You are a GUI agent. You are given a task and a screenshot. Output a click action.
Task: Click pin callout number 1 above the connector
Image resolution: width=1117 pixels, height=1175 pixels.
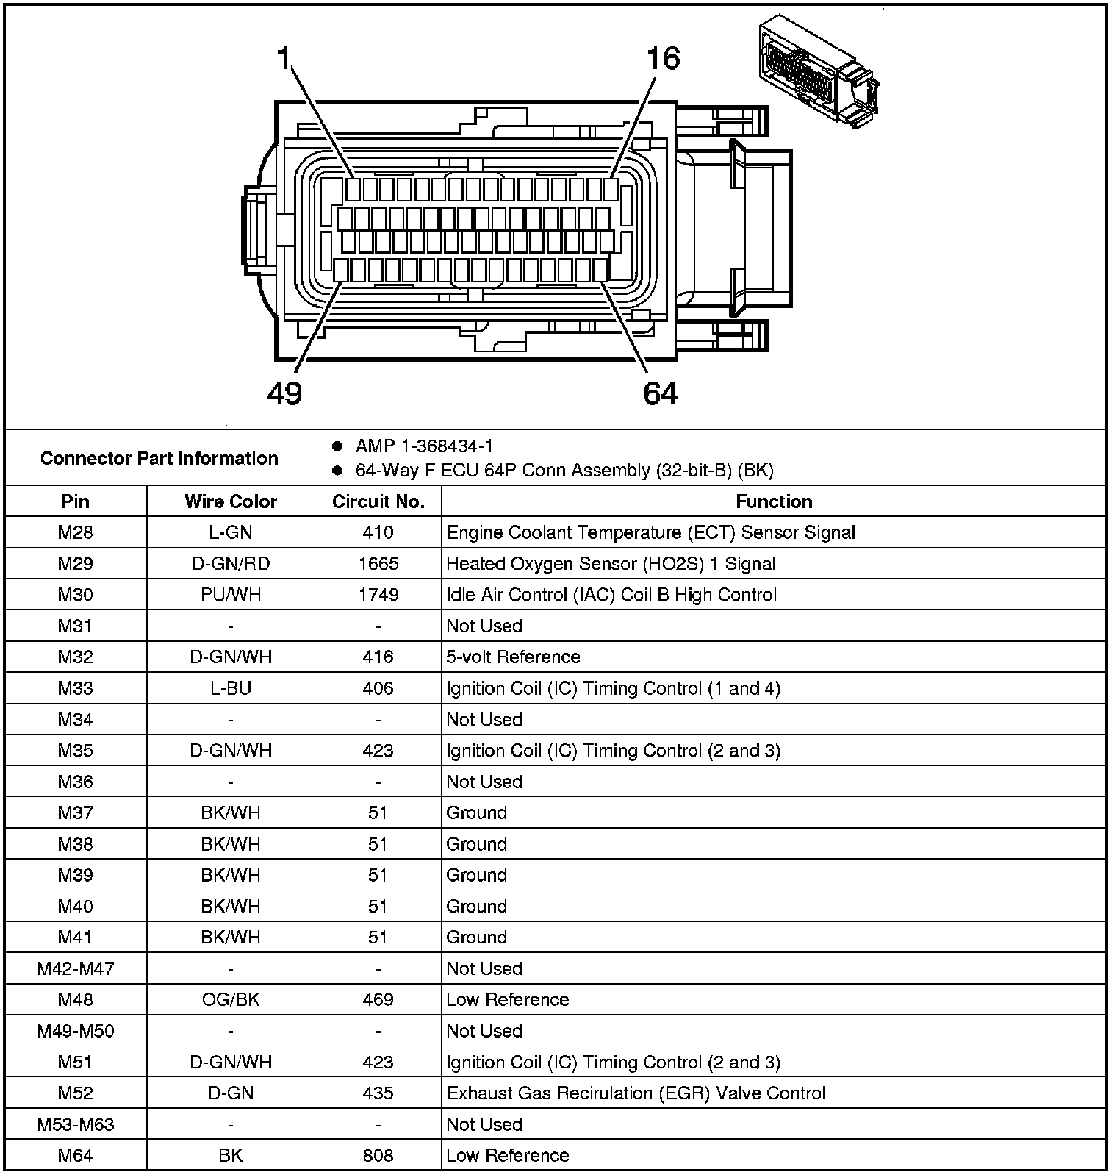pos(284,58)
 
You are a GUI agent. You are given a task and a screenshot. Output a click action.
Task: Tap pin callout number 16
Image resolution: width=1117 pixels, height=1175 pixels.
pos(663,58)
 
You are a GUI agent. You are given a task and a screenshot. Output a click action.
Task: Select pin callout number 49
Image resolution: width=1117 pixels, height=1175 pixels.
pos(284,393)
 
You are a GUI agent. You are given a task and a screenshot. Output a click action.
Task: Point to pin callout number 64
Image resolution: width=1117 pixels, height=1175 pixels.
pos(660,393)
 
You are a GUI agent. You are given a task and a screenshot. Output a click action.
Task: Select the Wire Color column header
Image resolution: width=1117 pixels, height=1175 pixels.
pos(231,501)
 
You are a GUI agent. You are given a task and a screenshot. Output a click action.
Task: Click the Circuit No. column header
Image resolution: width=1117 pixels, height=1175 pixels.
pos(378,501)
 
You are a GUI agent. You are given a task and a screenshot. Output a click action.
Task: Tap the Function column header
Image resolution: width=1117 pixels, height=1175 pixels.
pos(774,501)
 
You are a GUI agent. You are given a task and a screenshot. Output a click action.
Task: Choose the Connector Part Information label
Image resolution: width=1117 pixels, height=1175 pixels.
pos(159,458)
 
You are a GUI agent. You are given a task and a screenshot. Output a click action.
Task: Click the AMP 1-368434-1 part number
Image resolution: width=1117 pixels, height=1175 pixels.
pos(424,446)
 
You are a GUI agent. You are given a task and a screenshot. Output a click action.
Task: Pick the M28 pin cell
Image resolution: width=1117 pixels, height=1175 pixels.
pos(76,532)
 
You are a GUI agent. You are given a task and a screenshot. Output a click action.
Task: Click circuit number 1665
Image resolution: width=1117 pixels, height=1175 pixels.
pos(378,564)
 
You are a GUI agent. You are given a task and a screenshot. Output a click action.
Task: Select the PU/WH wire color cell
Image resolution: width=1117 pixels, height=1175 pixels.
pos(231,595)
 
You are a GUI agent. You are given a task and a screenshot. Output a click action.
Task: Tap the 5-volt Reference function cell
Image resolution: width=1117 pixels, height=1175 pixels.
pos(513,657)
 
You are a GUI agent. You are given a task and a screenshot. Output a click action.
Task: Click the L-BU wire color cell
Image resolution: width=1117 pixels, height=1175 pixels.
pos(231,688)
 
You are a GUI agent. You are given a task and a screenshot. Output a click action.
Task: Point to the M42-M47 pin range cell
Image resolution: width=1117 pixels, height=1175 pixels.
pos(76,968)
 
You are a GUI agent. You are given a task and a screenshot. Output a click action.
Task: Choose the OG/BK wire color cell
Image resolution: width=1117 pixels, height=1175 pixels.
pos(231,999)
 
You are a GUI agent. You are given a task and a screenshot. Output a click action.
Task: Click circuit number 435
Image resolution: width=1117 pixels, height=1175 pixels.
pos(378,1093)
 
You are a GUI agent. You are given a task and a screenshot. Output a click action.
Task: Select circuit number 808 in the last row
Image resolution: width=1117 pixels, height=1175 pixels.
pos(378,1155)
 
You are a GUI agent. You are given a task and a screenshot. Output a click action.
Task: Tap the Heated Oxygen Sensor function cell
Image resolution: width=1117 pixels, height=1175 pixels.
pos(611,564)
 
